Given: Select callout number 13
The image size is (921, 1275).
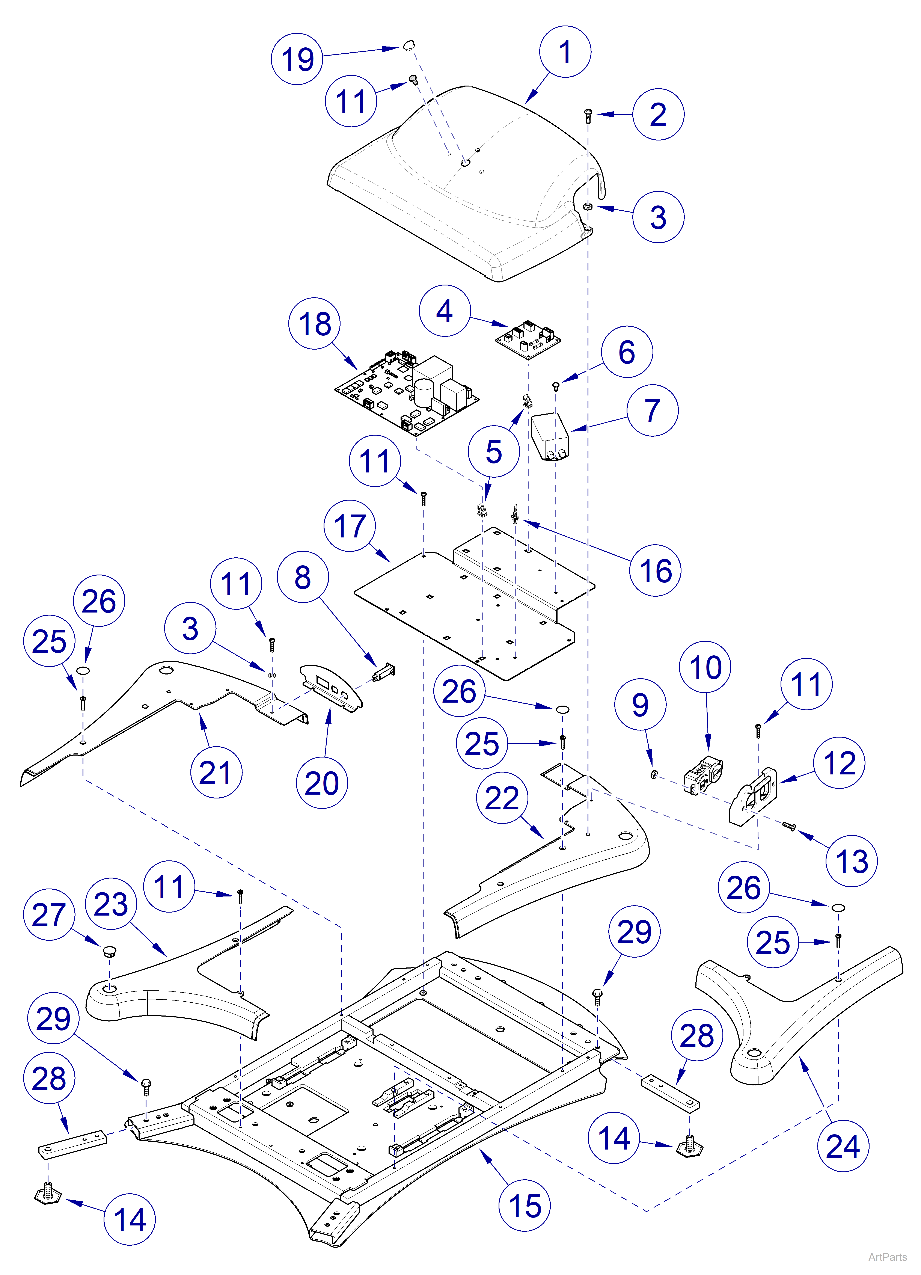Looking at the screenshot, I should coord(851,861).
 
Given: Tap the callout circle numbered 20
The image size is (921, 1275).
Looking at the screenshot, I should coord(321,783).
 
